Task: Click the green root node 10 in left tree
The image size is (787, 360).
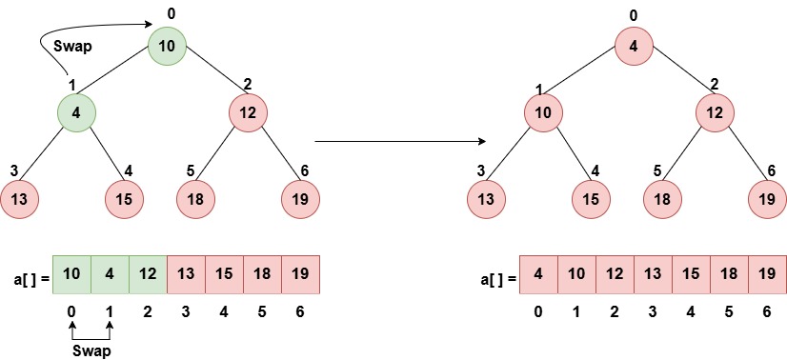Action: click(167, 47)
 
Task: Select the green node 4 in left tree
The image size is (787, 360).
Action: click(77, 113)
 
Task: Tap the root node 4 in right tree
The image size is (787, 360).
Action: click(634, 47)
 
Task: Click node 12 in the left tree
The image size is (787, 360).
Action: click(247, 113)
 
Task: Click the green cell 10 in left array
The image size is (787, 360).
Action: click(71, 274)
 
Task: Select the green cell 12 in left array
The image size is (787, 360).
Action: click(148, 274)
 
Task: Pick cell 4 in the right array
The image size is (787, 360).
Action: click(538, 274)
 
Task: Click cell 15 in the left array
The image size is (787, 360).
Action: click(224, 274)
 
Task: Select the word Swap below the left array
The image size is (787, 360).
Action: click(91, 350)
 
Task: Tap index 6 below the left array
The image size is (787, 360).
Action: click(300, 311)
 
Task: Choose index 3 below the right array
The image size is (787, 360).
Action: click(653, 311)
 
